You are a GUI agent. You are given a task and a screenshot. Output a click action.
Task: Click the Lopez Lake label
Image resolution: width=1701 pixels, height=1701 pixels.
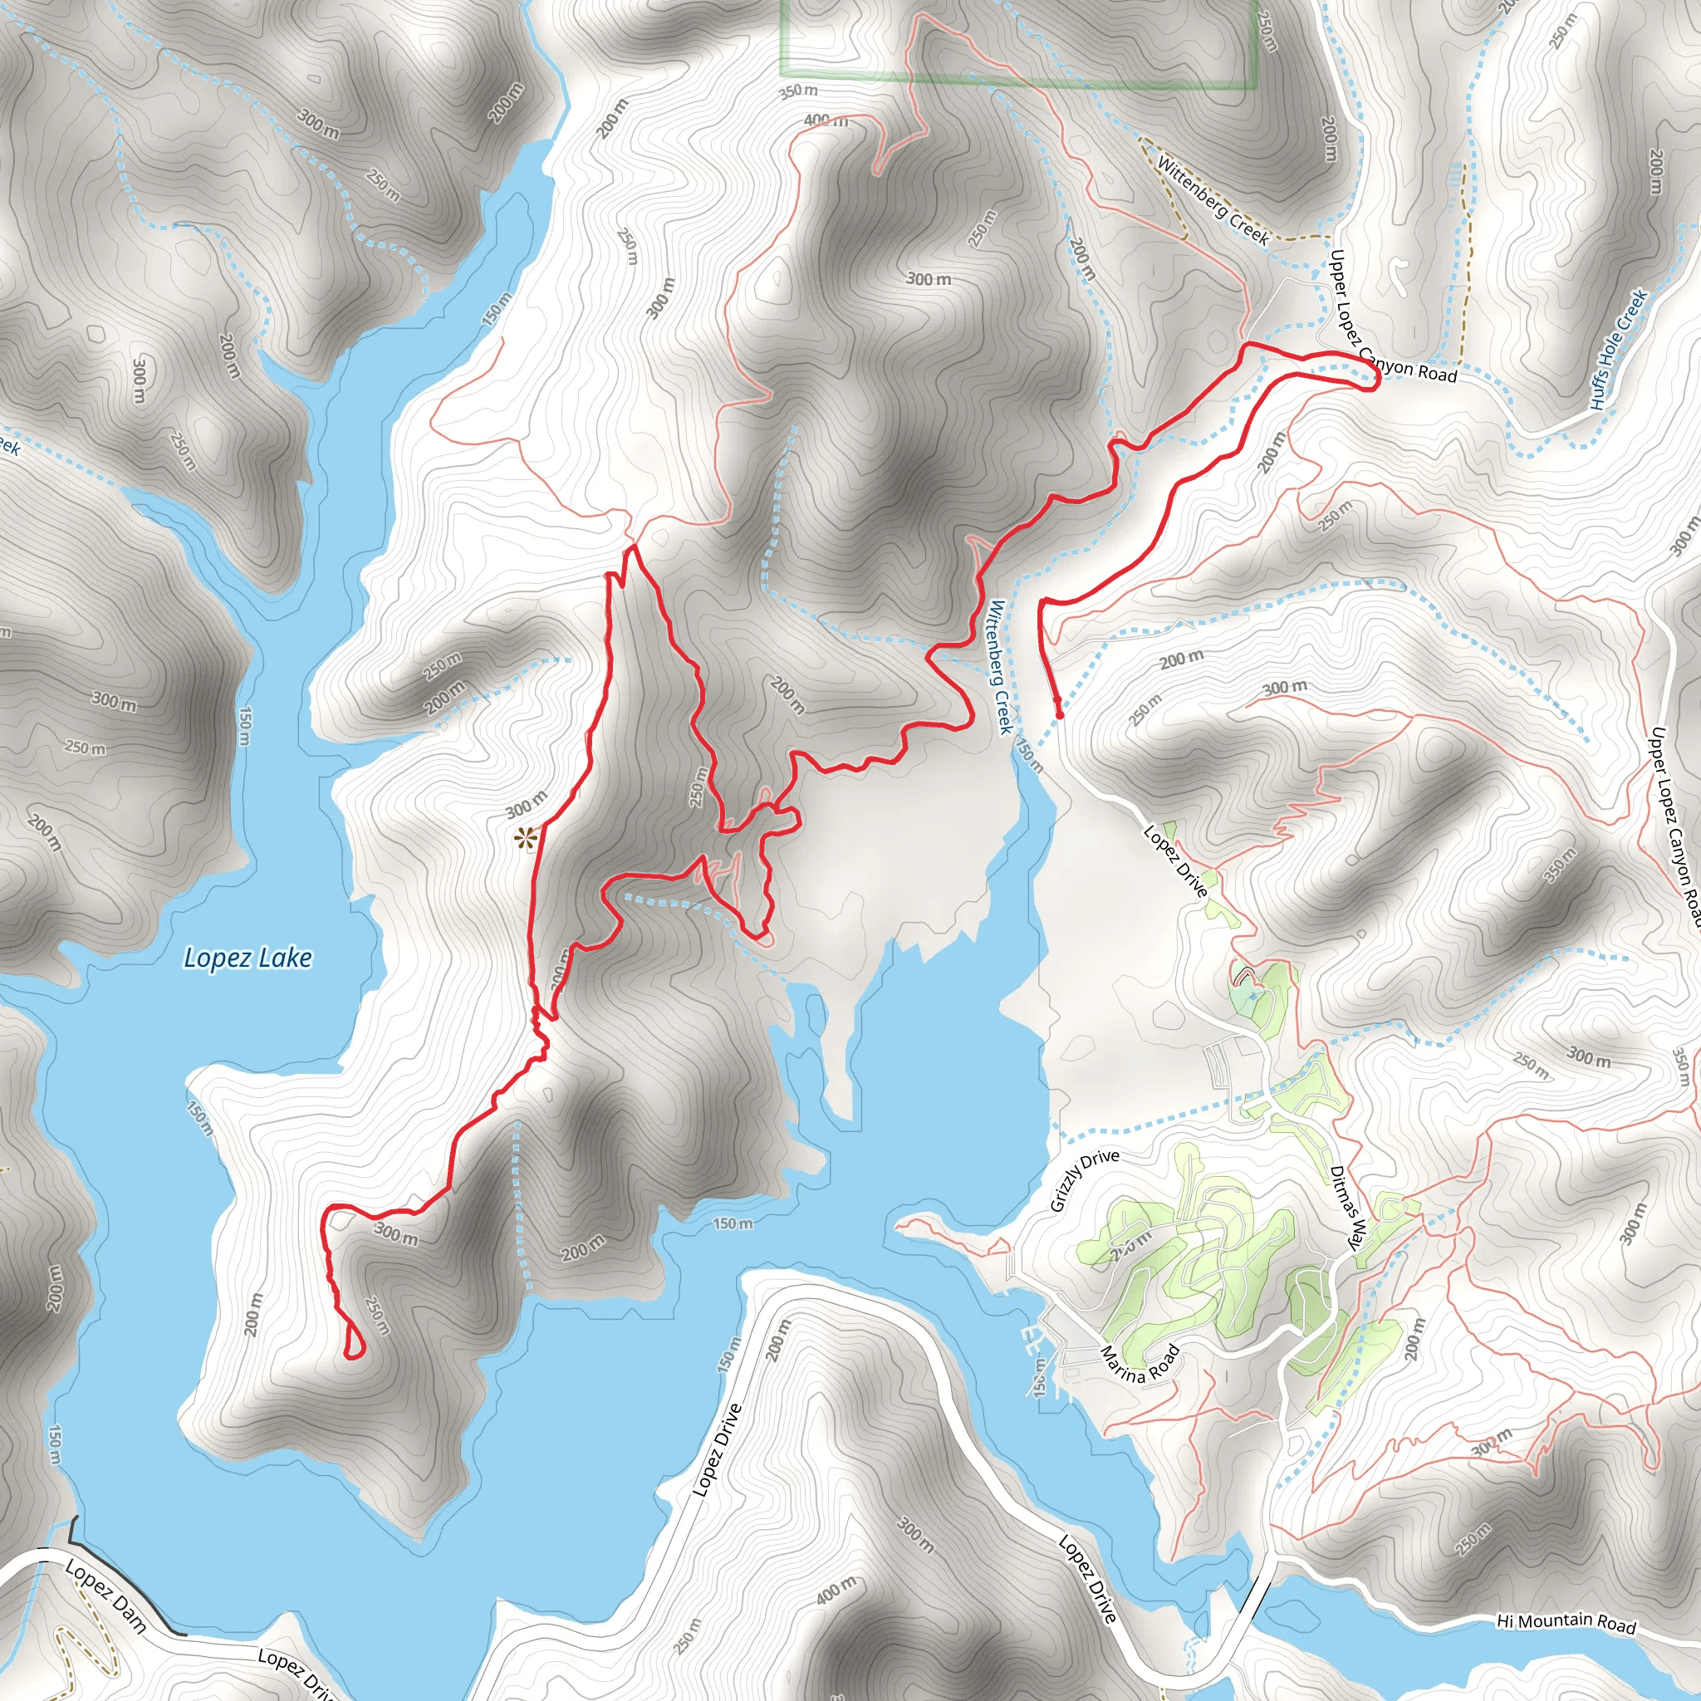click(248, 958)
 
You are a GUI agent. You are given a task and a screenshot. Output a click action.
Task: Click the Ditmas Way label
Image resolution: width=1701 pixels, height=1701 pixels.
click(1347, 1207)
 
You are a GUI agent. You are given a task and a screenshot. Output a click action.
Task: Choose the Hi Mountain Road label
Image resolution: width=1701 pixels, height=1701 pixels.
click(1566, 1623)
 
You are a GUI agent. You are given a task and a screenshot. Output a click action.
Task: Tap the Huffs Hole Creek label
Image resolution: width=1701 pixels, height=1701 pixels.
click(1618, 350)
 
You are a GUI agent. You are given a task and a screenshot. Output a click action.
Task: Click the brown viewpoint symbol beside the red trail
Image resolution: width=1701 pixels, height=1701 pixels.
click(526, 837)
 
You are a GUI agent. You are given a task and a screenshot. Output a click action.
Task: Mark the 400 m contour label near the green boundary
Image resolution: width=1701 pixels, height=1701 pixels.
click(826, 120)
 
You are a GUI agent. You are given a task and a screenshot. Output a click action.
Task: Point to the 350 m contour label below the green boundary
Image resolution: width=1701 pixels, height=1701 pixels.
click(797, 91)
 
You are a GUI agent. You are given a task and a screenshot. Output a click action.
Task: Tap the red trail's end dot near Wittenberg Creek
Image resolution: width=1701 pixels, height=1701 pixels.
click(1059, 715)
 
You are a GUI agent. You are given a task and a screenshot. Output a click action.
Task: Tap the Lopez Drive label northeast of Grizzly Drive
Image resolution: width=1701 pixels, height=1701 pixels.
click(1175, 860)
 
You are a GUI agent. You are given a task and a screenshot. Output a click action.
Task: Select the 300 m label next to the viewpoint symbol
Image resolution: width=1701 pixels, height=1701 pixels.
click(526, 805)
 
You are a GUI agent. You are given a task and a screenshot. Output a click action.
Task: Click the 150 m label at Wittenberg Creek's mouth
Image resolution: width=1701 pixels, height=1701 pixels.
click(1029, 756)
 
